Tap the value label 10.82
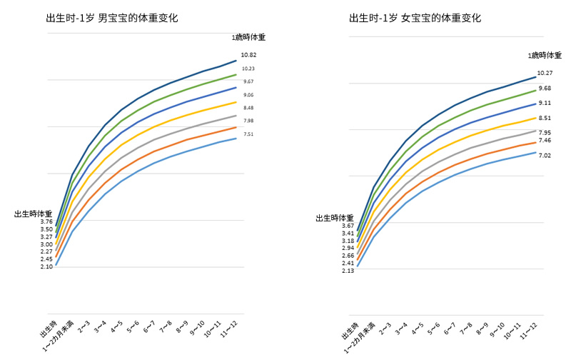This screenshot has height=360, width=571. (248, 55)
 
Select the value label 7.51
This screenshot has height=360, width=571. (248, 134)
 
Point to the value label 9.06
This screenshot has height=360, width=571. (248, 95)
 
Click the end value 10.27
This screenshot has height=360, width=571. (545, 73)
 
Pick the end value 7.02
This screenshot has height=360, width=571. (545, 156)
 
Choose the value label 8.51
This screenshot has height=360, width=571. (545, 118)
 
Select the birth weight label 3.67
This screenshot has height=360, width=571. (348, 226)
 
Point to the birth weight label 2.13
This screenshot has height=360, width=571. (348, 271)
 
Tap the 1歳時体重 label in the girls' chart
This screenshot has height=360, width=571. (542, 55)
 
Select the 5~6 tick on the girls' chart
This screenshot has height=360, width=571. (436, 329)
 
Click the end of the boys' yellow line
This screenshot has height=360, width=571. (236, 102)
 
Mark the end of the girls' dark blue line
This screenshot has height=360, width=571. (535, 76)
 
